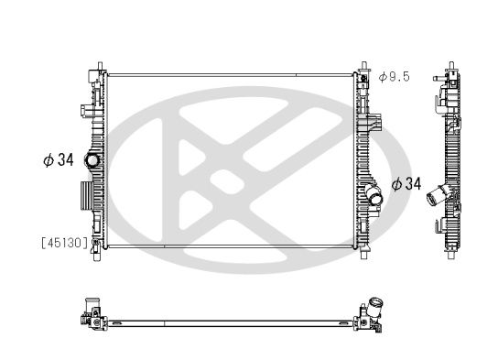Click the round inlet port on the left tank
(92, 161)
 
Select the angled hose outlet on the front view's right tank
(372, 195)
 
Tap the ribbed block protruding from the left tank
(84, 195)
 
